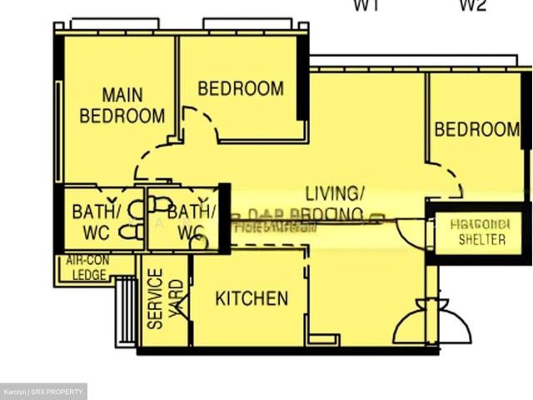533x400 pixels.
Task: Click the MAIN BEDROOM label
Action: click(x=122, y=105)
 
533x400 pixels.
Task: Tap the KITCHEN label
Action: click(x=252, y=298)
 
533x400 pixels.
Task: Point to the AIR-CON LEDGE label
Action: click(x=89, y=267)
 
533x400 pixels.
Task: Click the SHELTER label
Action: click(x=481, y=239)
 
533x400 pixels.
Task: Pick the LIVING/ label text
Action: click(x=334, y=193)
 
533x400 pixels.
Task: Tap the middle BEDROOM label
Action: click(x=240, y=87)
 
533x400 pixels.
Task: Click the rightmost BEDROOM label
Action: click(x=476, y=129)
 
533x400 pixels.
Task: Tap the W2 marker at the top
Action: click(x=473, y=6)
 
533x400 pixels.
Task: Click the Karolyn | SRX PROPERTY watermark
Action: click(x=43, y=392)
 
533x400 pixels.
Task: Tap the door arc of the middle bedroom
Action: click(x=200, y=123)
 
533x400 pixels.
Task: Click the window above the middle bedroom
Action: click(x=242, y=24)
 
